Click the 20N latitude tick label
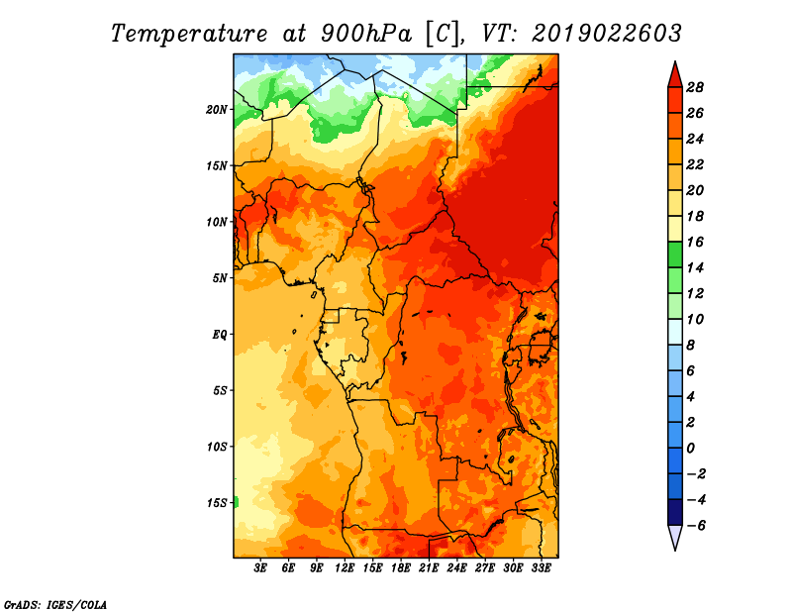(217, 110)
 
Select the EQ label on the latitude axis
(220, 335)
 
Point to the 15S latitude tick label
(217, 503)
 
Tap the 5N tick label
(220, 278)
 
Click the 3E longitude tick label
(260, 567)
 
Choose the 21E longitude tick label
(429, 567)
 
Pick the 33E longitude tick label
(541, 567)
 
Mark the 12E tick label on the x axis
(345, 567)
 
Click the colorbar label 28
(695, 87)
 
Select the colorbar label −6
(695, 526)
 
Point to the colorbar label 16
(695, 242)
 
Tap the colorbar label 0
(690, 449)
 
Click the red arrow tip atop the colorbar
(675, 62)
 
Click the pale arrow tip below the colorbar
(675, 549)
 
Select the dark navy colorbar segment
(675, 512)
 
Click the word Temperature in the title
(188, 34)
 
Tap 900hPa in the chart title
(366, 34)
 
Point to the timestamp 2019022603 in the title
(607, 34)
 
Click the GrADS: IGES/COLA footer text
(55, 605)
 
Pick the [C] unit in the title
(443, 34)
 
